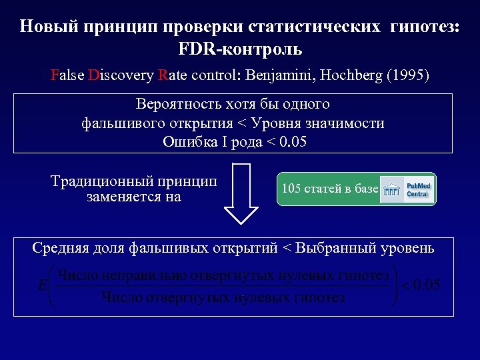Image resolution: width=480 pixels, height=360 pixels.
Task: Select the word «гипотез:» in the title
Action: tap(424, 27)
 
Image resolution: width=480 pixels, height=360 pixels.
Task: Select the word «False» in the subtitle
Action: tap(67, 75)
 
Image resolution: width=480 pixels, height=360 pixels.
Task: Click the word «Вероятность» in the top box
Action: tap(175, 105)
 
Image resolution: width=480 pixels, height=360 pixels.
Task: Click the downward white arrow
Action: tap(241, 193)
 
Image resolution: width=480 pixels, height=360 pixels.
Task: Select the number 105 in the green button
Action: tap(291, 189)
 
